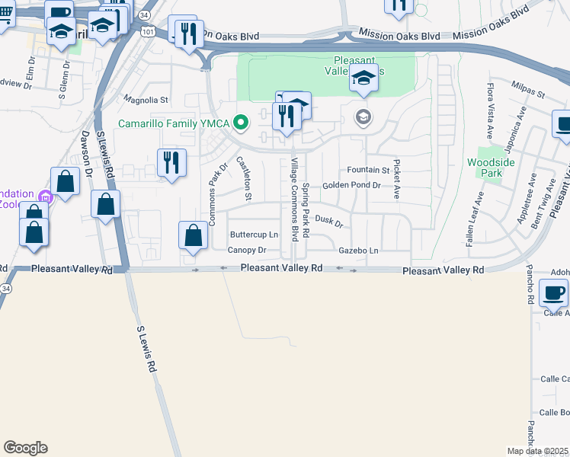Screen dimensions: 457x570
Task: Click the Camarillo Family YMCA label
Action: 174,123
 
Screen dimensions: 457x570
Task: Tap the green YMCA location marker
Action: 242,122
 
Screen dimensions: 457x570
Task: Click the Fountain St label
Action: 368,170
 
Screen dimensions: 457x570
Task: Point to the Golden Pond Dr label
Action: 351,185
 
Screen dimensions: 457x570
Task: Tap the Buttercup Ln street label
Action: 254,235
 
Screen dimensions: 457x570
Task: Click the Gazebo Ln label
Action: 359,250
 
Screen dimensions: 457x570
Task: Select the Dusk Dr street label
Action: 329,221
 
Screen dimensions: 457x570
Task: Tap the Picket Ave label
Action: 397,181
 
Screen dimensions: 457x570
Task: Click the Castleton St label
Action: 244,178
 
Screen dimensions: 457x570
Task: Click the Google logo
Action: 25,448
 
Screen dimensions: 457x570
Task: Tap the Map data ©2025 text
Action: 538,451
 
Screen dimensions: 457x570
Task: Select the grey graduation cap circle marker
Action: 363,117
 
